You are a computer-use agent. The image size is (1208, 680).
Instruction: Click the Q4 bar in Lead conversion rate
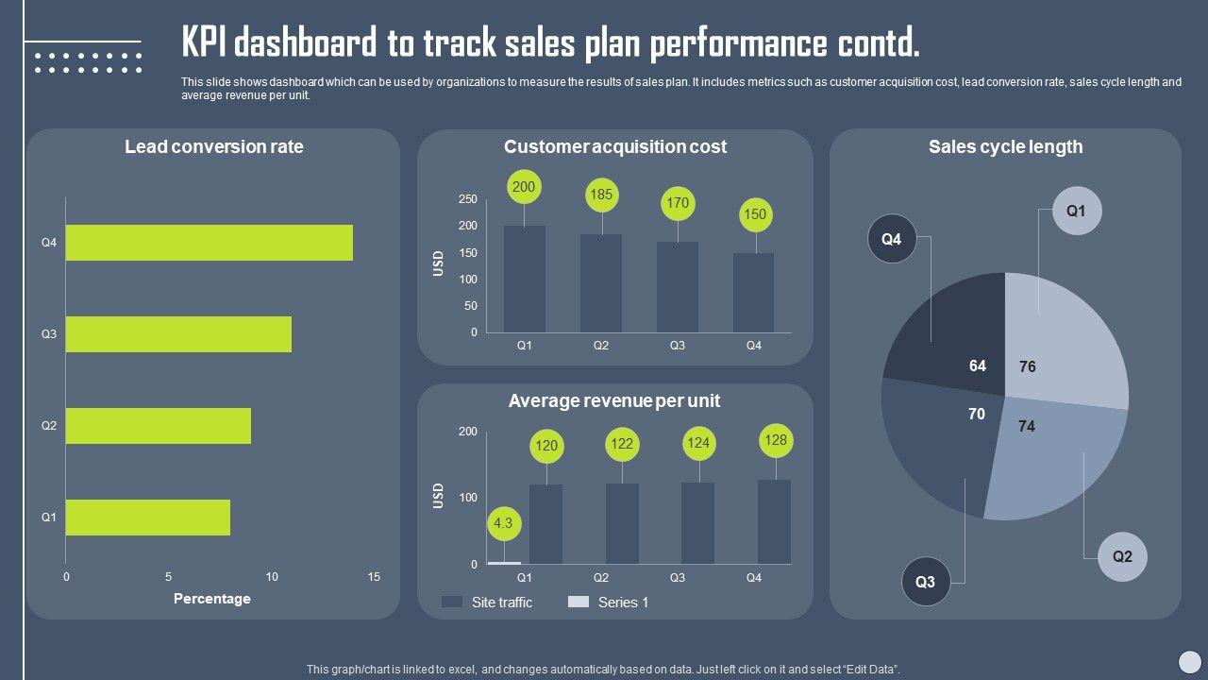pyautogui.click(x=209, y=243)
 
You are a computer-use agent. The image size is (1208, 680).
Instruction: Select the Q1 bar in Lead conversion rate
pyautogui.click(x=147, y=518)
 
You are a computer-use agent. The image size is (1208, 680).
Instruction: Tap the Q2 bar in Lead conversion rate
pyautogui.click(x=158, y=426)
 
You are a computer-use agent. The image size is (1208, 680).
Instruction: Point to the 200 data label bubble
pyautogui.click(x=524, y=187)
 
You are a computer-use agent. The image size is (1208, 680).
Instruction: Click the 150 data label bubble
pyautogui.click(x=755, y=214)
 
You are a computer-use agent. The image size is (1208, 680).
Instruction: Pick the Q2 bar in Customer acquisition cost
pyautogui.click(x=601, y=282)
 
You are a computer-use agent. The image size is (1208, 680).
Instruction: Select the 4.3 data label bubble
pyautogui.click(x=504, y=523)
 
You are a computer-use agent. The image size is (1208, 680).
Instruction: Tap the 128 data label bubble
pyautogui.click(x=776, y=440)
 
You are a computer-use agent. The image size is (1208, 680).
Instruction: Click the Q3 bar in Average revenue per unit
pyautogui.click(x=698, y=523)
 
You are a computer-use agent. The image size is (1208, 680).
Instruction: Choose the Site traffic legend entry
pyautogui.click(x=487, y=603)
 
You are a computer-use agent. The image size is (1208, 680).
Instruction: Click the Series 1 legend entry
pyautogui.click(x=609, y=603)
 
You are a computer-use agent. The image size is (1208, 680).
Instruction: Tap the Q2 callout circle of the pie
pyautogui.click(x=1122, y=556)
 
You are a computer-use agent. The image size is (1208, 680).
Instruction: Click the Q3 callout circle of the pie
pyautogui.click(x=926, y=582)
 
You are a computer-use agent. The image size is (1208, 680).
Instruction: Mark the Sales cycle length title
pyautogui.click(x=1005, y=146)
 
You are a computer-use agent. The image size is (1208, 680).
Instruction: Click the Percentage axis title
pyautogui.click(x=212, y=599)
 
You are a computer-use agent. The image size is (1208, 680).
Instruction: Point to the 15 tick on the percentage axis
pyautogui.click(x=374, y=577)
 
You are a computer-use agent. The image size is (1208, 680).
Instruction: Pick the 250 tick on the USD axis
pyautogui.click(x=468, y=199)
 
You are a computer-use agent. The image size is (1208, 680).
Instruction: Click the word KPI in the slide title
pyautogui.click(x=203, y=43)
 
